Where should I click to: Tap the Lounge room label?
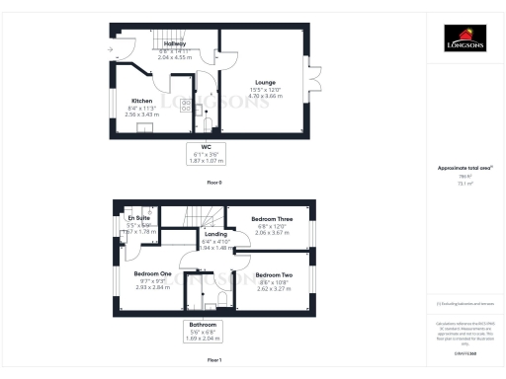click(264, 82)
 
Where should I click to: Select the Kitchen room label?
click(142, 100)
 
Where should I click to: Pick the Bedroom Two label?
click(274, 274)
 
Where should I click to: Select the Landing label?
click(215, 234)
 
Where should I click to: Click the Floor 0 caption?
click(214, 184)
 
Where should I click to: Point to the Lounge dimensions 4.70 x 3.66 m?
click(264, 97)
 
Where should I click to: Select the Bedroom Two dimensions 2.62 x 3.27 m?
click(274, 288)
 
